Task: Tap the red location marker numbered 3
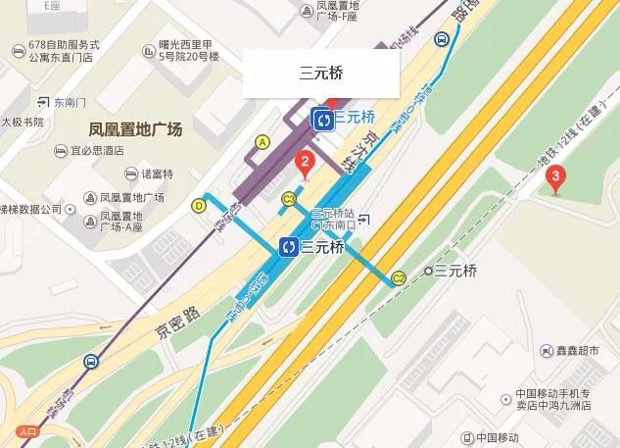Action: [x=556, y=178]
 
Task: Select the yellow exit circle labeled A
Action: [x=262, y=142]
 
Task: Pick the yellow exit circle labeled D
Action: [x=199, y=206]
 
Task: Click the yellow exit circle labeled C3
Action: [x=289, y=199]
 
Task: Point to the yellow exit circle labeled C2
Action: [x=399, y=277]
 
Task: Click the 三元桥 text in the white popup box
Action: [x=321, y=74]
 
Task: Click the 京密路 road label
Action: [x=176, y=321]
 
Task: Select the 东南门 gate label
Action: [x=70, y=102]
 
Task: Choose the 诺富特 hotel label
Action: [x=157, y=174]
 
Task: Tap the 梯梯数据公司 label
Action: [x=30, y=209]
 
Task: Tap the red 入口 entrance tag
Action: [x=26, y=431]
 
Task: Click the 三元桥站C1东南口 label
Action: [x=335, y=220]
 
